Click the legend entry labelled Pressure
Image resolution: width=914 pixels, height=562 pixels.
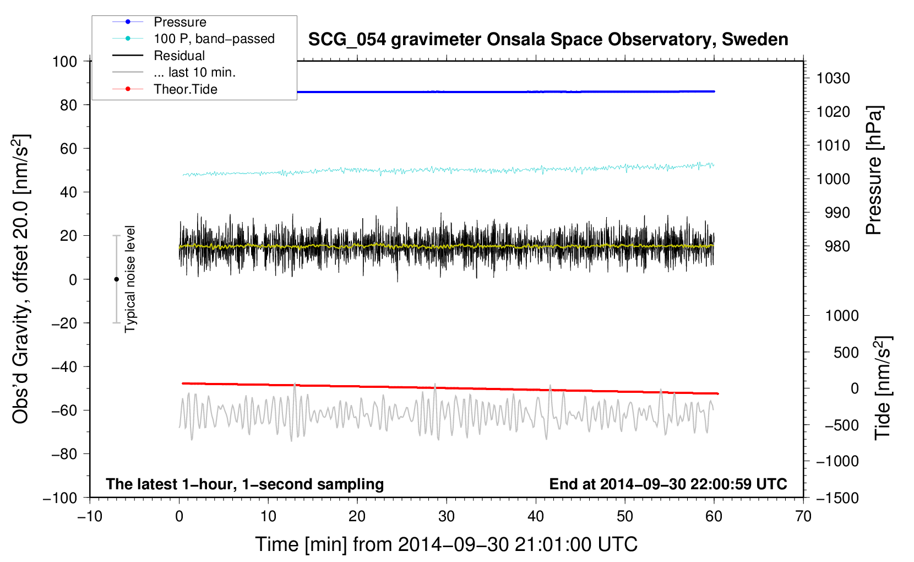coord(179,22)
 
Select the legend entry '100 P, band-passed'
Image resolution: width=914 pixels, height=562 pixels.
coord(214,39)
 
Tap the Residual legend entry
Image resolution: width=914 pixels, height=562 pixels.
coord(179,56)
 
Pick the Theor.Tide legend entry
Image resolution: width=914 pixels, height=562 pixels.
coord(185,89)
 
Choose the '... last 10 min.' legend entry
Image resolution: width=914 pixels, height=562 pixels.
coord(194,72)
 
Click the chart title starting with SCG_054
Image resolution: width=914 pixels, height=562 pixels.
coord(548,40)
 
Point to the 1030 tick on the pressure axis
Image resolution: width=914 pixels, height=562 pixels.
coord(833,78)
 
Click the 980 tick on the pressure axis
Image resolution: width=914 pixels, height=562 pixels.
coord(837,246)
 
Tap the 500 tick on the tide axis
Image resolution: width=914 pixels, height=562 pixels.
coord(846,352)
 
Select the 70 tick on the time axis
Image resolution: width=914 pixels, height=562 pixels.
coord(803,516)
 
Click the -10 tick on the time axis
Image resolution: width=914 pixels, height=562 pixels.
coord(90,516)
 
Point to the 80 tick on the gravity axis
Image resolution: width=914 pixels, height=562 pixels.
coord(68,105)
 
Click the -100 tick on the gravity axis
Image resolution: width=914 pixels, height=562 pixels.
coord(60,498)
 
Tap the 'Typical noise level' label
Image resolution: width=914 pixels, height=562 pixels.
coord(130,279)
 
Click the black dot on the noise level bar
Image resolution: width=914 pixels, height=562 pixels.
coord(116,279)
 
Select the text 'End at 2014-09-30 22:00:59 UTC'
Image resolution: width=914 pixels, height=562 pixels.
coord(668,484)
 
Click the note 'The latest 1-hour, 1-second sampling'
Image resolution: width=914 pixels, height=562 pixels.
coord(244,484)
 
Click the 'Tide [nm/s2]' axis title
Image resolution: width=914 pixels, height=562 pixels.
coord(883,388)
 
